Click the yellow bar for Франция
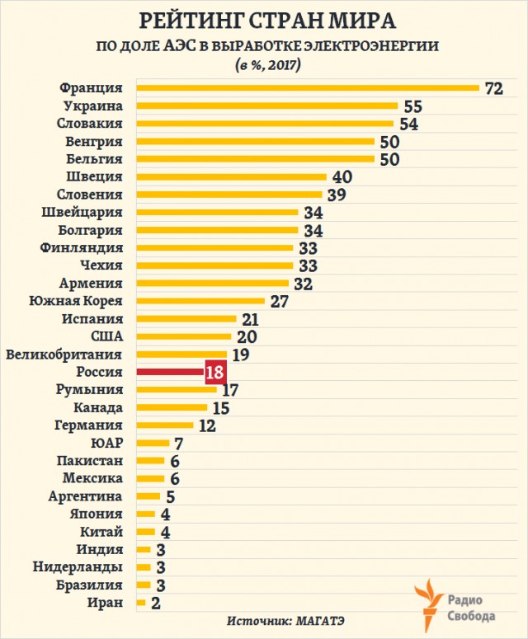click(308, 87)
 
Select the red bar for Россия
click(171, 372)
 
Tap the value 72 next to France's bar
click(493, 88)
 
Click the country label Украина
click(93, 106)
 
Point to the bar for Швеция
click(232, 176)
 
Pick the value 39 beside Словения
click(337, 195)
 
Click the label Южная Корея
click(76, 301)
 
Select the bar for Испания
click(186, 319)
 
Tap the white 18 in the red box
click(214, 372)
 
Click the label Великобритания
click(64, 355)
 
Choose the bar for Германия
click(165, 425)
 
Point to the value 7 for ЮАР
click(178, 444)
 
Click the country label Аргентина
click(85, 496)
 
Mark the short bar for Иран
click(141, 603)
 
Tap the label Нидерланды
click(78, 567)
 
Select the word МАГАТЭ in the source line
click(319, 621)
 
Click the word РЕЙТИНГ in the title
click(191, 21)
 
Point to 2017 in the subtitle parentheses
click(282, 65)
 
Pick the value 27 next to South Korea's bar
click(280, 302)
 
